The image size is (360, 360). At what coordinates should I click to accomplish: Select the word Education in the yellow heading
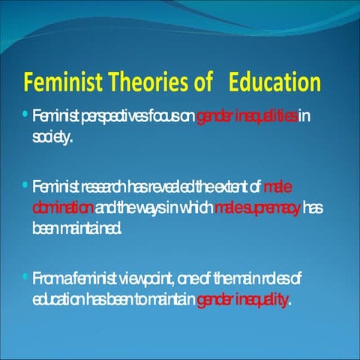point(274,82)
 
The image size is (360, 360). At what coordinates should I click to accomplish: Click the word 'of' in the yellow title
point(204,82)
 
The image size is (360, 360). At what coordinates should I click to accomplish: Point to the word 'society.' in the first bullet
point(52,137)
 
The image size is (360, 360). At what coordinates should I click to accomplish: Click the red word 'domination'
point(64,206)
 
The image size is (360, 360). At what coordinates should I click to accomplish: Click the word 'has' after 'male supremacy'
point(313,206)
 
